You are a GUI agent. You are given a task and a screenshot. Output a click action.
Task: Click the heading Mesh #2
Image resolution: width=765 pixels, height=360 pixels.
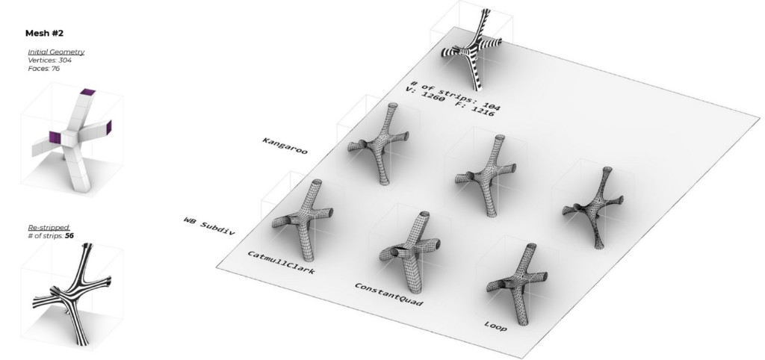point(44,33)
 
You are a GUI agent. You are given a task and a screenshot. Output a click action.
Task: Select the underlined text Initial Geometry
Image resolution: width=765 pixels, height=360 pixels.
point(56,52)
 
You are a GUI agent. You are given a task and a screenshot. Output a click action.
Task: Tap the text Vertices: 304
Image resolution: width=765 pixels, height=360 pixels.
point(50,60)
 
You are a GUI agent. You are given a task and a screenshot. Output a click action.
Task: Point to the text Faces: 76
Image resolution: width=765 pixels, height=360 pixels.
point(44,68)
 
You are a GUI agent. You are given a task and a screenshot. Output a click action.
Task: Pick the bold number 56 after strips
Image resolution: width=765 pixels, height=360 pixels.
point(69,236)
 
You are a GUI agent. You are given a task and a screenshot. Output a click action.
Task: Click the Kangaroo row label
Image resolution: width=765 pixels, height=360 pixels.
point(285,146)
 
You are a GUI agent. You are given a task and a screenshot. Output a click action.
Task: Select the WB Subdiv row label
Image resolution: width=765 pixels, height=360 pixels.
point(209,226)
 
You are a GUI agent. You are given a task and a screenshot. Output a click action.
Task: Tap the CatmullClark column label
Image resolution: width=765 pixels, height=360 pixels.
point(281,262)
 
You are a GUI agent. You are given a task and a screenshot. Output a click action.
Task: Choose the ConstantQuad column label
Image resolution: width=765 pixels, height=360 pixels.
point(388,294)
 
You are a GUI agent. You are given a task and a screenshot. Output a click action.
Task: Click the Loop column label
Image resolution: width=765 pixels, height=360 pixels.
point(496,326)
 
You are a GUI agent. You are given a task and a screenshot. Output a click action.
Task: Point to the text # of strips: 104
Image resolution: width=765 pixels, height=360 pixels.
point(456,96)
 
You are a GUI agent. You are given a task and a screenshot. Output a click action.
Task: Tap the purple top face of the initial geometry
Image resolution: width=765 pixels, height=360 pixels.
point(88,92)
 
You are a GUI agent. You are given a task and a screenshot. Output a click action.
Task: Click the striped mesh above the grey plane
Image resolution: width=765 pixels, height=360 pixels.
point(472,49)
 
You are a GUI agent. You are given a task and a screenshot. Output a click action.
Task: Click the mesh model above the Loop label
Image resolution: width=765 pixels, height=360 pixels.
point(517,283)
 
